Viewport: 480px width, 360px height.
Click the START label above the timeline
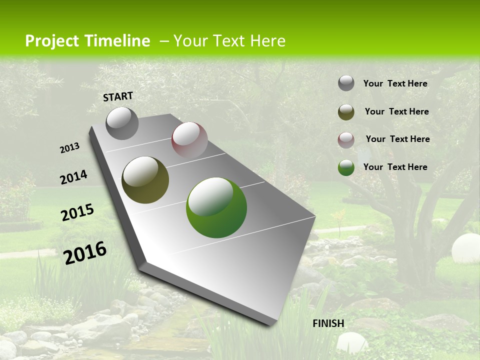tap(118, 96)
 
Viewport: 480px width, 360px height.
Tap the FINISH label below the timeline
tap(328, 323)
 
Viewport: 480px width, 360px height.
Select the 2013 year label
tap(70, 147)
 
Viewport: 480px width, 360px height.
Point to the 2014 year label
tap(73, 177)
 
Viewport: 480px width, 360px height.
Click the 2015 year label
tap(77, 212)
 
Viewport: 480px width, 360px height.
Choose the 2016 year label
tap(85, 252)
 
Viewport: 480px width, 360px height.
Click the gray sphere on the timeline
tap(122, 123)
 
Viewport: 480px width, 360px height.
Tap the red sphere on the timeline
tap(189, 140)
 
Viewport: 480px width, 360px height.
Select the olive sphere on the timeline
tap(145, 180)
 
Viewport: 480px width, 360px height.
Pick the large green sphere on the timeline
tap(216, 207)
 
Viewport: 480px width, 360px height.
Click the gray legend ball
tap(346, 83)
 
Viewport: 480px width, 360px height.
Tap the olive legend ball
tap(346, 112)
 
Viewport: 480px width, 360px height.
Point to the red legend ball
tap(346, 139)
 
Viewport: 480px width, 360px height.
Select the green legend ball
tap(346, 167)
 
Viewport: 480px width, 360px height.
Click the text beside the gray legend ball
tap(395, 83)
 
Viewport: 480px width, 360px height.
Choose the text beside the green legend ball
tap(395, 167)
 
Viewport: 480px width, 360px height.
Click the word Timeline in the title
tap(117, 41)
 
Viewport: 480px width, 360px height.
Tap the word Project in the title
tap(51, 41)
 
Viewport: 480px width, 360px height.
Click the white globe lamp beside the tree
tap(465, 248)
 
